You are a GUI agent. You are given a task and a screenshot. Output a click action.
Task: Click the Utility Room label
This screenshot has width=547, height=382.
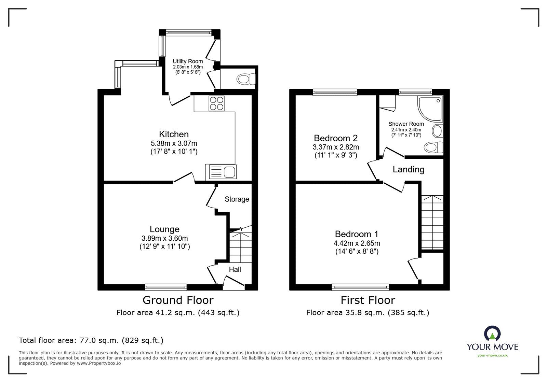coord(188,61)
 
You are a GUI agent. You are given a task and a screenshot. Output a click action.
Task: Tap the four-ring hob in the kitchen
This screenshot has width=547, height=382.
coord(216,103)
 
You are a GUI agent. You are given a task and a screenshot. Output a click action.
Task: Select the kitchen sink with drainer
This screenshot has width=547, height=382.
coord(221,172)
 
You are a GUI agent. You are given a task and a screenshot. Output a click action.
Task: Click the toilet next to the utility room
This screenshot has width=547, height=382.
coord(246,80)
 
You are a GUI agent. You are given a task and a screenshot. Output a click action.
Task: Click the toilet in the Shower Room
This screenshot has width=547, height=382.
coord(433,147)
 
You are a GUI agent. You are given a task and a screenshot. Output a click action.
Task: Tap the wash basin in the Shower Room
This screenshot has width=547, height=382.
coord(438,130)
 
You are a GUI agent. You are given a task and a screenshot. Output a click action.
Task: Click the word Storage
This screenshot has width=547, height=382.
coord(237,199)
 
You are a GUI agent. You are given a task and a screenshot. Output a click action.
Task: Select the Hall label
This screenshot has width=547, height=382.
coord(235,269)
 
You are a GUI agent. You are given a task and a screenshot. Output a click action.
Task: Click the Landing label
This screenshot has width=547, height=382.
coord(408,169)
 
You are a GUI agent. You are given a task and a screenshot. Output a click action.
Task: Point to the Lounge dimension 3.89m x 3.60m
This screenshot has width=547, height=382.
coord(164,238)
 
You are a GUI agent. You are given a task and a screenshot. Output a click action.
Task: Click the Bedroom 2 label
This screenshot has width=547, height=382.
coord(336,138)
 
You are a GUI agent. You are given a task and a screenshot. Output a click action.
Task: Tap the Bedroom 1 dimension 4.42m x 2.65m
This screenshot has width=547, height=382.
coord(357,243)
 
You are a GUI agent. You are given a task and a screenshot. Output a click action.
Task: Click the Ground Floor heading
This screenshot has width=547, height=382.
coord(178,300)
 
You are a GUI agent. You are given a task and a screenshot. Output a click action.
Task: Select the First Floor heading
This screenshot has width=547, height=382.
coord(368,300)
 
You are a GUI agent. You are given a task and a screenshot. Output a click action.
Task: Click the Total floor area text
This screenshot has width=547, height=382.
coord(91,340)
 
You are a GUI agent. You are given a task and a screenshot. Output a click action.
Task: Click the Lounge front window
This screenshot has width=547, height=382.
coord(166,287)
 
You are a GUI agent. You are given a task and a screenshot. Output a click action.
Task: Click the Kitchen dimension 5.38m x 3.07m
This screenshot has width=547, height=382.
coord(174,143)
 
